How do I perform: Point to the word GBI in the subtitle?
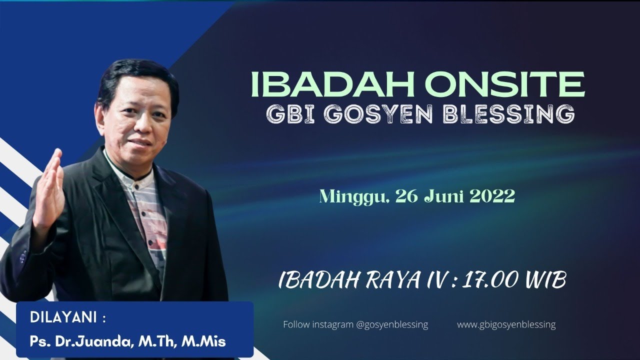coord(286,114)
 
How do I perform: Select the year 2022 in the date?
coord(492,197)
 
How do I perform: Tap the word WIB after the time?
coord(545,281)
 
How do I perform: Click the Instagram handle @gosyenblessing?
coord(392,324)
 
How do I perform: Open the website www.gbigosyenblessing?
coord(506,324)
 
